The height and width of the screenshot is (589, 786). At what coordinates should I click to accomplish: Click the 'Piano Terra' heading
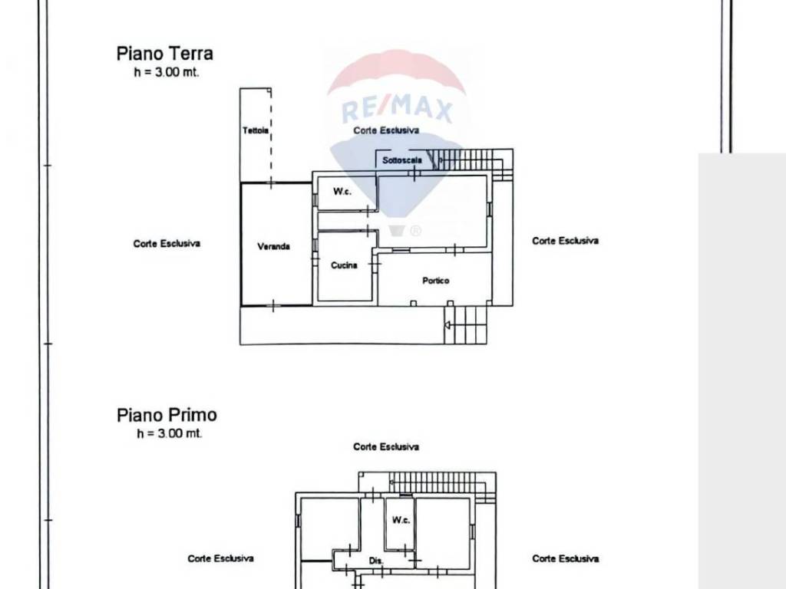pos(165,54)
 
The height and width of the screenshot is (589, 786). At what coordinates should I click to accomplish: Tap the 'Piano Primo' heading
pos(167,415)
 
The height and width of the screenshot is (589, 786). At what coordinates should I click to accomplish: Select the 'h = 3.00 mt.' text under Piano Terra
pos(167,72)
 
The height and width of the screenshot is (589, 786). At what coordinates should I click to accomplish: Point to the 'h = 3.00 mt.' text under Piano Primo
pos(170,433)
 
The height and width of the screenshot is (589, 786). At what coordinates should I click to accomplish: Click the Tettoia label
pos(256,130)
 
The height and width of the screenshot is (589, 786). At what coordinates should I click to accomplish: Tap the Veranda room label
pos(274,246)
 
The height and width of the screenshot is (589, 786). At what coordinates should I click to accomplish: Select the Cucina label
pos(344,265)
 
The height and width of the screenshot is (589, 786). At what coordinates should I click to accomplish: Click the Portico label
pos(436,281)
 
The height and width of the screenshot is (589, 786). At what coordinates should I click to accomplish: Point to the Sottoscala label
pos(402,160)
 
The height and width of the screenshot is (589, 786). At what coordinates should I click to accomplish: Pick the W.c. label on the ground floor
pos(342,191)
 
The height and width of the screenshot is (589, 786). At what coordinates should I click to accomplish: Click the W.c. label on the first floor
pos(401,520)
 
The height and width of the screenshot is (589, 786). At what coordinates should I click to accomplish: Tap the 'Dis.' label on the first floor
pos(376,561)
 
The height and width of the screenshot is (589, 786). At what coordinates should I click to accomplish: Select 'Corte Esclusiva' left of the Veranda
pos(167,244)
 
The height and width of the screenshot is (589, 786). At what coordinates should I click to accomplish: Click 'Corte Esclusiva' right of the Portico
pos(566,241)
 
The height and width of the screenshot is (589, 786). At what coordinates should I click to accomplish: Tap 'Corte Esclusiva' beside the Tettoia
pos(386,130)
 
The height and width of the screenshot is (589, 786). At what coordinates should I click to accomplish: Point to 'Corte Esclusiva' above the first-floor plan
pos(386,447)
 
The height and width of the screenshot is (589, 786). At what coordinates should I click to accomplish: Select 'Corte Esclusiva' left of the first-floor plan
pos(220,558)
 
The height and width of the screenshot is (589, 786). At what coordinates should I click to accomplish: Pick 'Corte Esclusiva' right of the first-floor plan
pos(566,558)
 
